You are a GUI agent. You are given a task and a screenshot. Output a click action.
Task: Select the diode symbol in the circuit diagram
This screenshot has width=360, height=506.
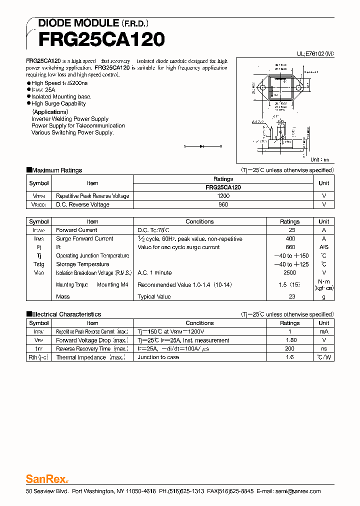(202, 146)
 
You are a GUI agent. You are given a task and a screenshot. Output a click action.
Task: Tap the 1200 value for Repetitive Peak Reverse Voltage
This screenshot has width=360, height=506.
(223, 196)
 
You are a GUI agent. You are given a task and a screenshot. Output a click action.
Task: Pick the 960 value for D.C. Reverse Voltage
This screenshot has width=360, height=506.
(223, 204)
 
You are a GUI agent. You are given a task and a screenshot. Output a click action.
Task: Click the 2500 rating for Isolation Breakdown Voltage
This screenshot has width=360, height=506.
(289, 273)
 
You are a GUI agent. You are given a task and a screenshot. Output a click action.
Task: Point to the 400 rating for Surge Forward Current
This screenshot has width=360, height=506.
(289, 239)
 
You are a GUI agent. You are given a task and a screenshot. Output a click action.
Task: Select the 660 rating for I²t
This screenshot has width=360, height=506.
(289, 247)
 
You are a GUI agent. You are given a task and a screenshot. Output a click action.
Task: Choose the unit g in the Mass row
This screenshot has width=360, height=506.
(323, 297)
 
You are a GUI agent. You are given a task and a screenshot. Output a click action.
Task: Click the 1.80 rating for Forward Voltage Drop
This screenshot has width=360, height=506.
(289, 340)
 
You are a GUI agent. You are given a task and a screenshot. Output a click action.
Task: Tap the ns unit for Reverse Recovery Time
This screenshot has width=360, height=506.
(323, 349)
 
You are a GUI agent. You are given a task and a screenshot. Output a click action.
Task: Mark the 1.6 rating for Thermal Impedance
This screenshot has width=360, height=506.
(289, 357)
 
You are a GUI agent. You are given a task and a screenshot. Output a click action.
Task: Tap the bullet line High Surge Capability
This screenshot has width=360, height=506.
(58, 103)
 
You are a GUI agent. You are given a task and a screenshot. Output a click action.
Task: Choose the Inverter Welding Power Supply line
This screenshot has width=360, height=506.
(70, 119)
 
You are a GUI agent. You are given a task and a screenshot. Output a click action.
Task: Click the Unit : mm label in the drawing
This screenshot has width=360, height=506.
(320, 160)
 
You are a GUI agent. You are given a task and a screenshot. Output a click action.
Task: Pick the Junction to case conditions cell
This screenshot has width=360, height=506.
(158, 357)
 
